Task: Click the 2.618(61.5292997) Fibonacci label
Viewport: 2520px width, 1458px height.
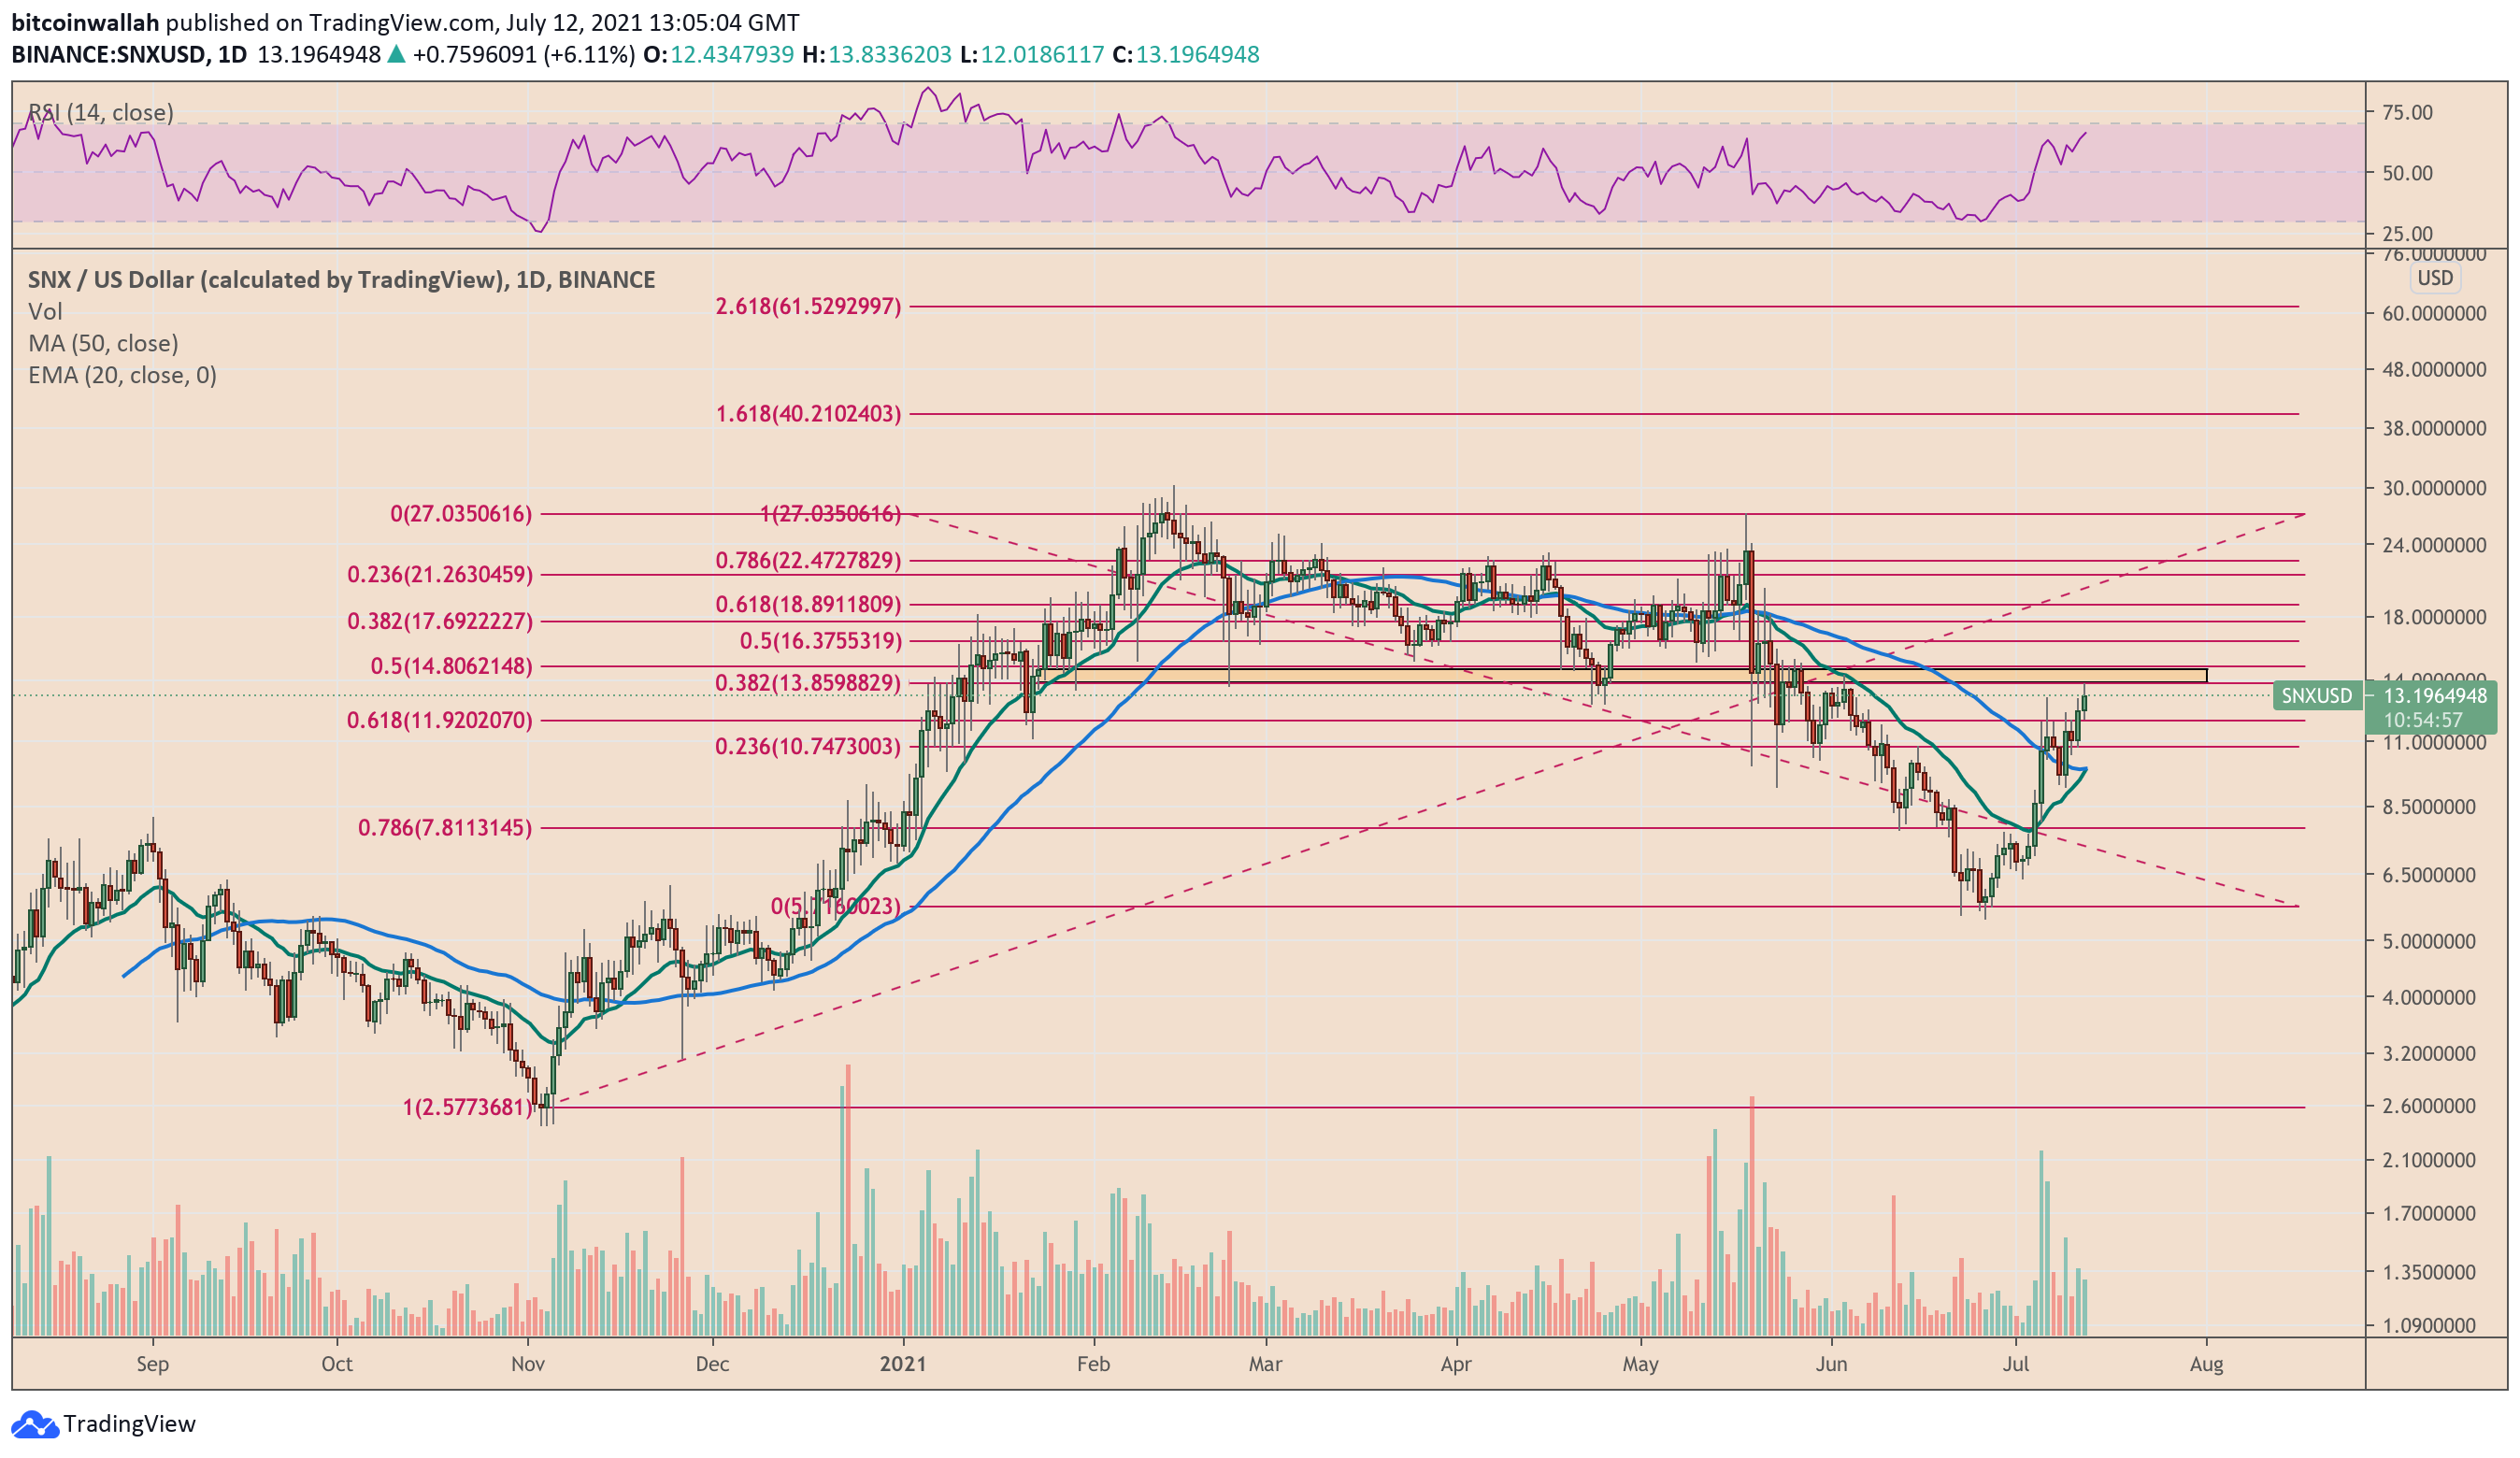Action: (x=808, y=307)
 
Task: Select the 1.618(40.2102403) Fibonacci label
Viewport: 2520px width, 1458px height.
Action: (x=808, y=414)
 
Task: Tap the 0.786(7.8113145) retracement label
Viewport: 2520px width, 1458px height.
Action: (x=445, y=828)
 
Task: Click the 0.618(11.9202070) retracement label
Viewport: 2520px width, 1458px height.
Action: (x=439, y=721)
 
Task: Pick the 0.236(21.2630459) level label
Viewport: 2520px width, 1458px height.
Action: (x=440, y=575)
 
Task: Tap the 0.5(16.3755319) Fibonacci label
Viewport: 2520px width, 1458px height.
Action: (x=820, y=641)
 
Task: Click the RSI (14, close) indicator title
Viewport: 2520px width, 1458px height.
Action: (x=100, y=113)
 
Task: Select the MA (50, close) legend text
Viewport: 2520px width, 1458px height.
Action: (x=103, y=344)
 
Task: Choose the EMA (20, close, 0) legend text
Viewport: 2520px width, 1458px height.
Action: (x=122, y=376)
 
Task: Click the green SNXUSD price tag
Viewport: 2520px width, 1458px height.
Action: (x=2316, y=696)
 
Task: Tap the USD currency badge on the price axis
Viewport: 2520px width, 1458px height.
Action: (x=2434, y=278)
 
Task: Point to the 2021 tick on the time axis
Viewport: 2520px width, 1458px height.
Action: (x=903, y=1365)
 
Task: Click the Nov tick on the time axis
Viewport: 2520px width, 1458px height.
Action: (x=527, y=1365)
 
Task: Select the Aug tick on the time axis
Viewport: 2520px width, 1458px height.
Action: (x=2206, y=1365)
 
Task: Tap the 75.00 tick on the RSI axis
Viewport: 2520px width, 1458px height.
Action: (x=2407, y=113)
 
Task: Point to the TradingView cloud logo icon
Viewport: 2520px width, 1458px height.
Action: (x=35, y=1424)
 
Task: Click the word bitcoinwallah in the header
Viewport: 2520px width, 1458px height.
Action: (x=85, y=22)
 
